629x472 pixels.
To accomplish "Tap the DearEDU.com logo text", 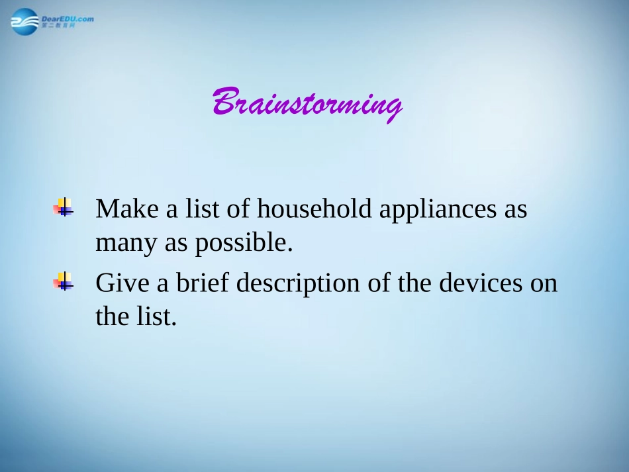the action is (x=68, y=19).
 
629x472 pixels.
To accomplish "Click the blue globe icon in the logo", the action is (x=25, y=22).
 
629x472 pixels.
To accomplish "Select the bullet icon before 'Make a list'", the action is (x=64, y=207).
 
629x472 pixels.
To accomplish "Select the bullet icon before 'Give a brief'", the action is (x=64, y=281).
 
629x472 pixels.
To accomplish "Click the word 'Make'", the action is (x=127, y=209).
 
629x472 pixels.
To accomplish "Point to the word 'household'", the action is (x=314, y=209).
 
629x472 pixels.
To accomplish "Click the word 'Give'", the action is (x=122, y=283).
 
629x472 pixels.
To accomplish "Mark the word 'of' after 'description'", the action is (x=379, y=282).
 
